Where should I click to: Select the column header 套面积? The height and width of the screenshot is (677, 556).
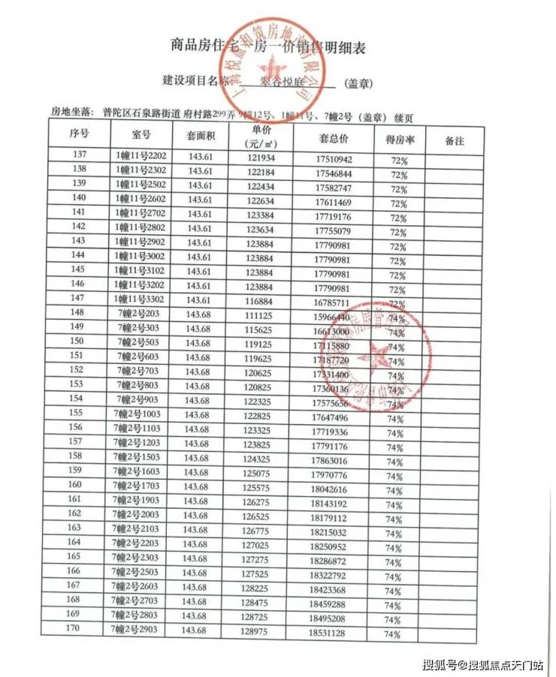[201, 137]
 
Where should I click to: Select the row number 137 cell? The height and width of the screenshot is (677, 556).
[79, 155]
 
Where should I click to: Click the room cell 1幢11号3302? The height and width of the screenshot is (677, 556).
[141, 299]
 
